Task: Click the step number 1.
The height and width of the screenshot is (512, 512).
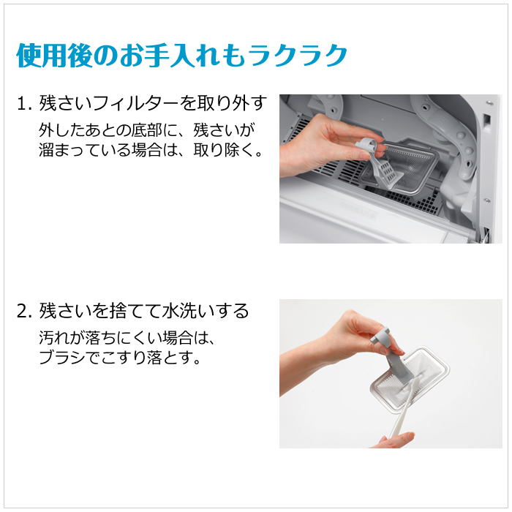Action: (x=22, y=104)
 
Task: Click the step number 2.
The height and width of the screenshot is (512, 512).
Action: (x=22, y=312)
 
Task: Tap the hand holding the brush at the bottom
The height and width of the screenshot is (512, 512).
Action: (x=395, y=440)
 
